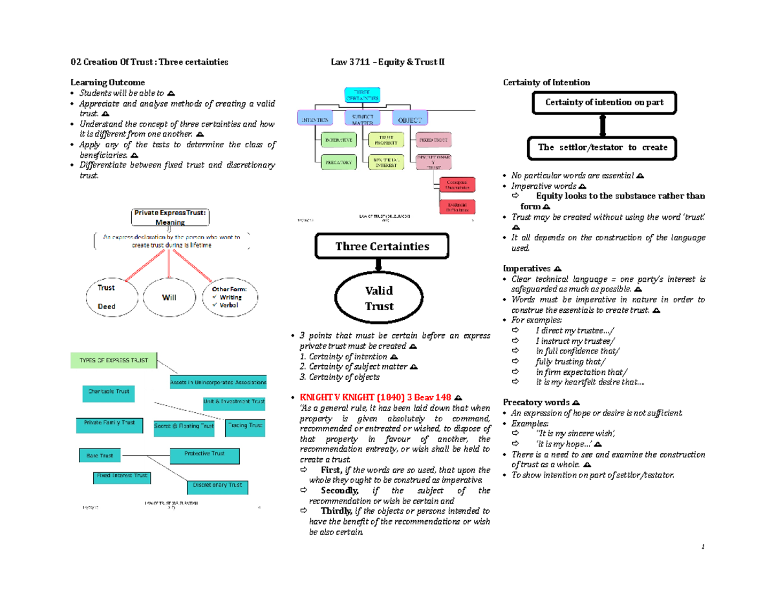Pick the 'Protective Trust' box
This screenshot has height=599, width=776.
[x=204, y=454]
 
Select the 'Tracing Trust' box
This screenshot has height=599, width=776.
[x=245, y=426]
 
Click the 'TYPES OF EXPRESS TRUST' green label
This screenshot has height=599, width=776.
[x=114, y=360]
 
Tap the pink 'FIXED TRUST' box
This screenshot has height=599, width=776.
[x=435, y=140]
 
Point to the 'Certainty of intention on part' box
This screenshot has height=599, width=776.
[x=603, y=103]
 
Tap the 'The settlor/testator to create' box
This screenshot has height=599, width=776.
[x=603, y=147]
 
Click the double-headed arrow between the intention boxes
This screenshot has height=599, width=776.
[x=603, y=125]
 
